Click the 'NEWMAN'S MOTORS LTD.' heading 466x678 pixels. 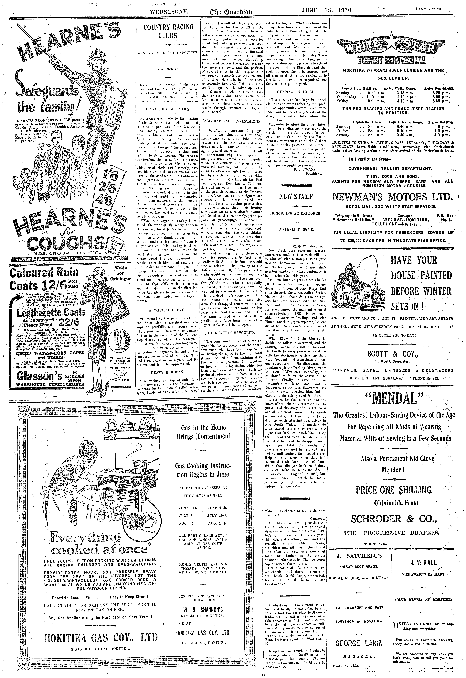393,197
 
